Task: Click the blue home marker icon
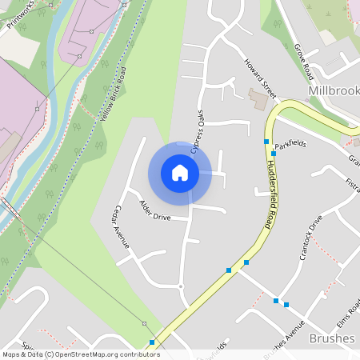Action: pyautogui.click(x=180, y=172)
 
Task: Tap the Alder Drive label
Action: pyautogui.click(x=155, y=211)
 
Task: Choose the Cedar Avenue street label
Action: pyautogui.click(x=122, y=226)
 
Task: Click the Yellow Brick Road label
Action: pyautogui.click(x=114, y=94)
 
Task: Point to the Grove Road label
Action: pyautogui.click(x=303, y=62)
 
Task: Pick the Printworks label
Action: pyautogui.click(x=22, y=14)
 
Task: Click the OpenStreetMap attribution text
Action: pyautogui.click(x=80, y=354)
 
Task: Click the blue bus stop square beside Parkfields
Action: pyautogui.click(x=274, y=153)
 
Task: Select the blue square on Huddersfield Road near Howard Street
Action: pyautogui.click(x=266, y=141)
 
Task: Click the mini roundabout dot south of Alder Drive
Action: pyautogui.click(x=182, y=286)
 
